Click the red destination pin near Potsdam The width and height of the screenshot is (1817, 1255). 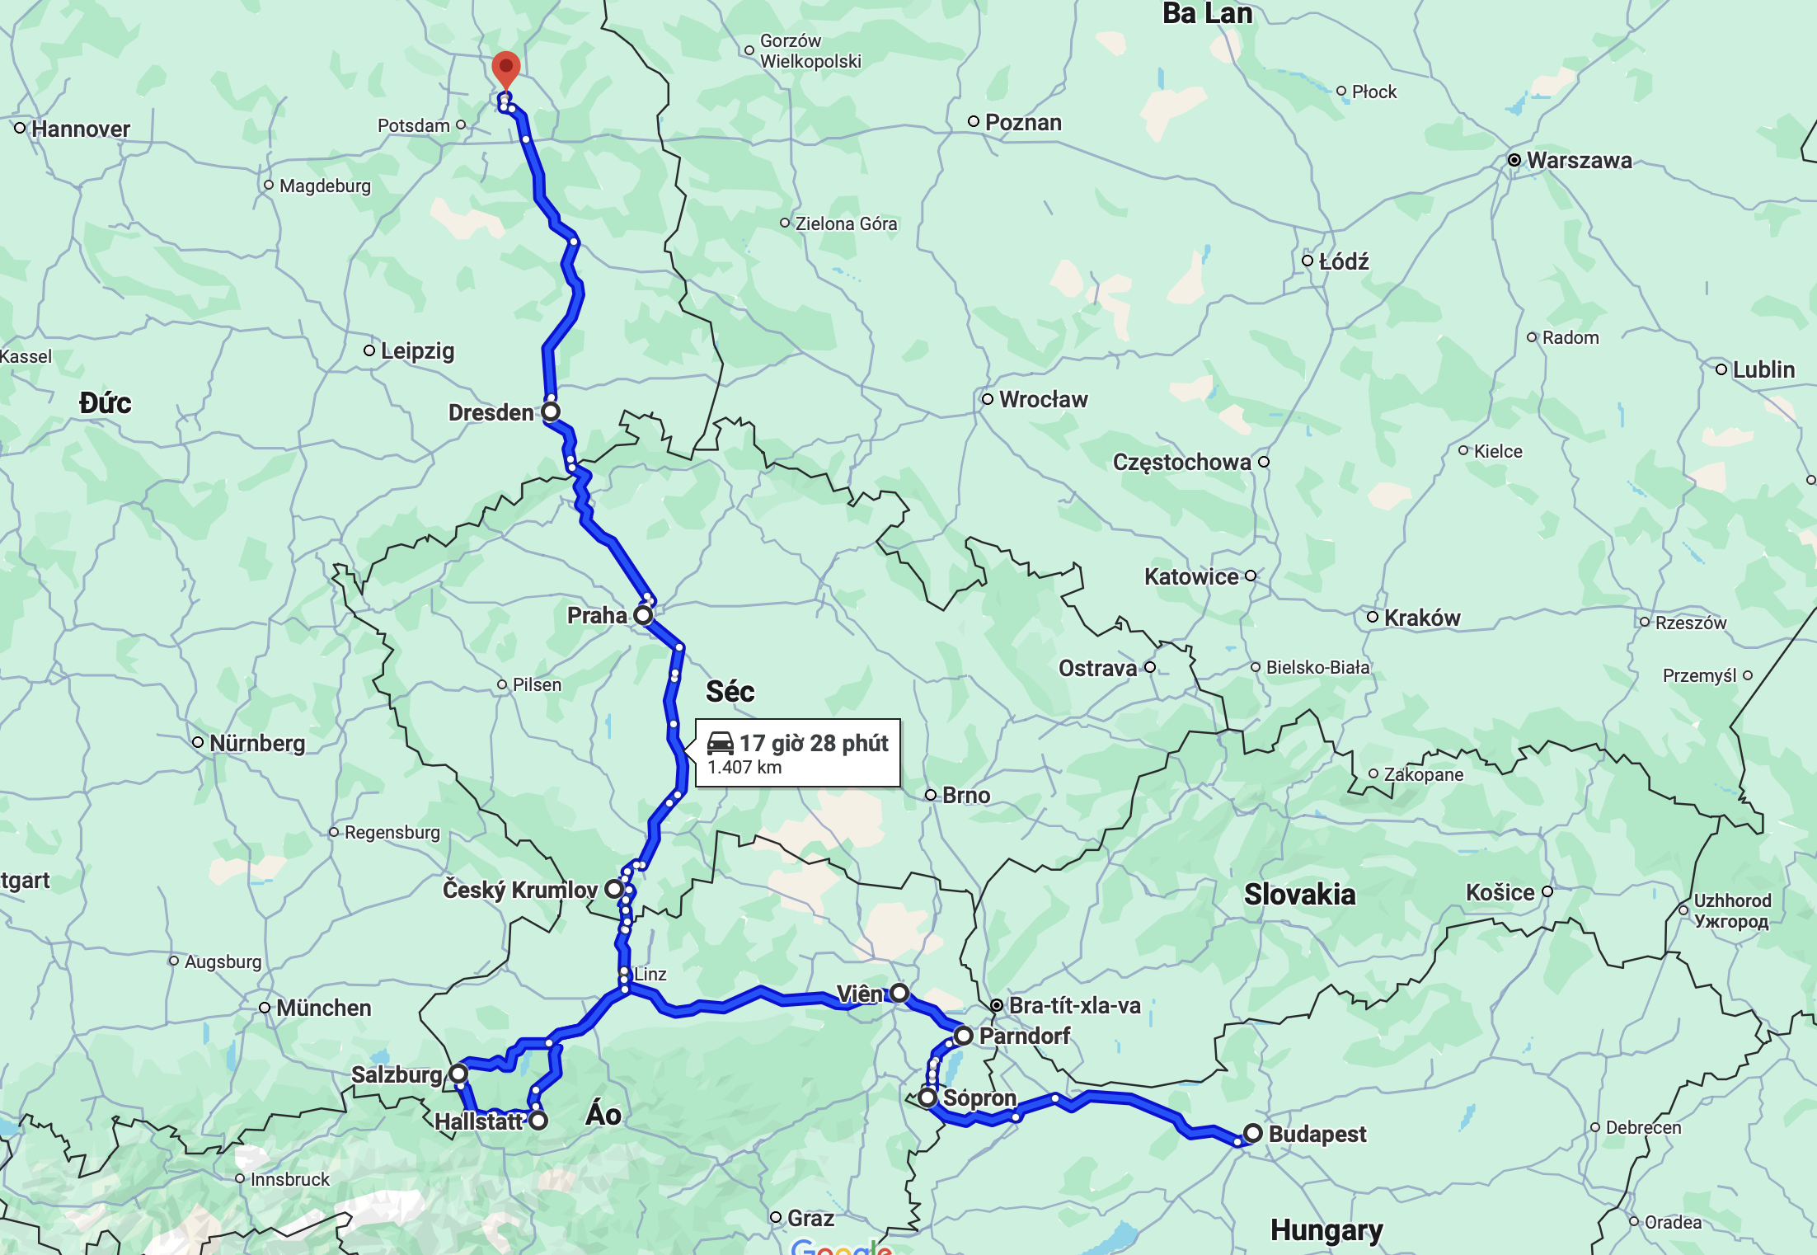(505, 68)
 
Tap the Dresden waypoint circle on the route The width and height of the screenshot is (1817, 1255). (551, 411)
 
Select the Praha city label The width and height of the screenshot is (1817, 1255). (597, 615)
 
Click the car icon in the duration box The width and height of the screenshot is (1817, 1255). (721, 743)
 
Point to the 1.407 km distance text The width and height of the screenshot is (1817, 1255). (744, 768)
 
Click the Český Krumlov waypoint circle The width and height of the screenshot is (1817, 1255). (614, 889)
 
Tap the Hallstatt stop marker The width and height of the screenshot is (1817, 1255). (538, 1121)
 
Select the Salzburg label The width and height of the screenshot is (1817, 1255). (397, 1074)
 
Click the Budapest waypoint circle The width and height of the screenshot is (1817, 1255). (1253, 1133)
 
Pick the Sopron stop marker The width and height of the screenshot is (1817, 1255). (927, 1098)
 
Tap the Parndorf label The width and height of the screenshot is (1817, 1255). (1024, 1036)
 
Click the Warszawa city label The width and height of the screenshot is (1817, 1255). (1579, 160)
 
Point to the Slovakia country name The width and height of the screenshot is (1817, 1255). (1299, 894)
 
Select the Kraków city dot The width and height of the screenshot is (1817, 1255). (1373, 617)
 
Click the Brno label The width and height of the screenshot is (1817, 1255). (966, 795)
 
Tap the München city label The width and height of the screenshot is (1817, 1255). (323, 1008)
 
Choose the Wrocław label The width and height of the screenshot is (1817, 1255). (1043, 399)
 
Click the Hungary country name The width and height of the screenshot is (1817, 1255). (1326, 1229)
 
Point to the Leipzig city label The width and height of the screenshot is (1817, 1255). (417, 350)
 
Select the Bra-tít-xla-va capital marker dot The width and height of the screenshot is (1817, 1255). (997, 1005)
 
